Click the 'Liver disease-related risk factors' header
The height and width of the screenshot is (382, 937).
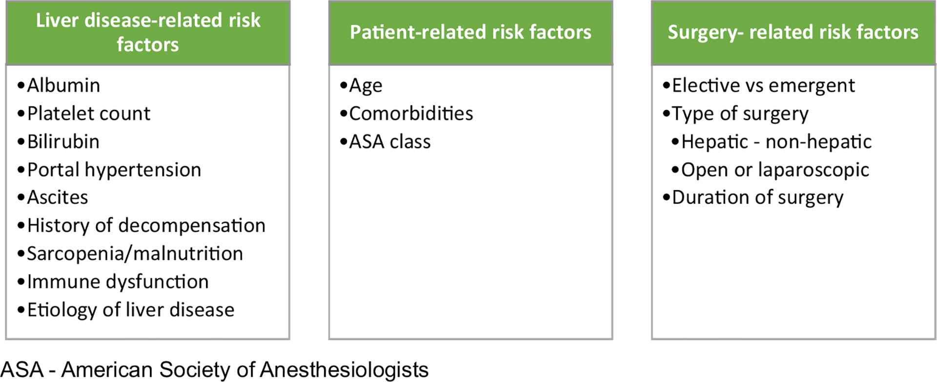[x=148, y=32]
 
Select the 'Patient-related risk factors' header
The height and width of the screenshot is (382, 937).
[x=470, y=32]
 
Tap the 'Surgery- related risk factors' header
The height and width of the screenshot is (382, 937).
[x=793, y=32]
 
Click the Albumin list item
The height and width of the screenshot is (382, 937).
[x=63, y=85]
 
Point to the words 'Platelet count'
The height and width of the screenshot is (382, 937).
[x=89, y=114]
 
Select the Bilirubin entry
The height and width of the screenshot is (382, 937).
[x=63, y=142]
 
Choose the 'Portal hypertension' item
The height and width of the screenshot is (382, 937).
[x=114, y=170]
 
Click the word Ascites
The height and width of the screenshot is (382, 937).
[x=58, y=197]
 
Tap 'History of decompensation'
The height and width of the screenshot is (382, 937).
[x=146, y=226]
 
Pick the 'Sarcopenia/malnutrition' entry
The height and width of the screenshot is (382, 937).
[x=135, y=254]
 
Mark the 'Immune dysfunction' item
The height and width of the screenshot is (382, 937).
[x=118, y=282]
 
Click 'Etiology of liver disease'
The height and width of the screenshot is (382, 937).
[x=131, y=310]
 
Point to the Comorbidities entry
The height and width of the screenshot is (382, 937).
[x=411, y=114]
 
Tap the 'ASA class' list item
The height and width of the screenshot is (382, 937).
[x=390, y=142]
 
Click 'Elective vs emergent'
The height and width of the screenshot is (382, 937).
[x=764, y=86]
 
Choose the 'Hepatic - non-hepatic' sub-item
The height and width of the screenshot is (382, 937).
[x=776, y=142]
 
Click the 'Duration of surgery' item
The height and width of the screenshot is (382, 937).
[x=758, y=198]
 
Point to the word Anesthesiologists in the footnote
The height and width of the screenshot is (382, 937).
[x=344, y=370]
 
